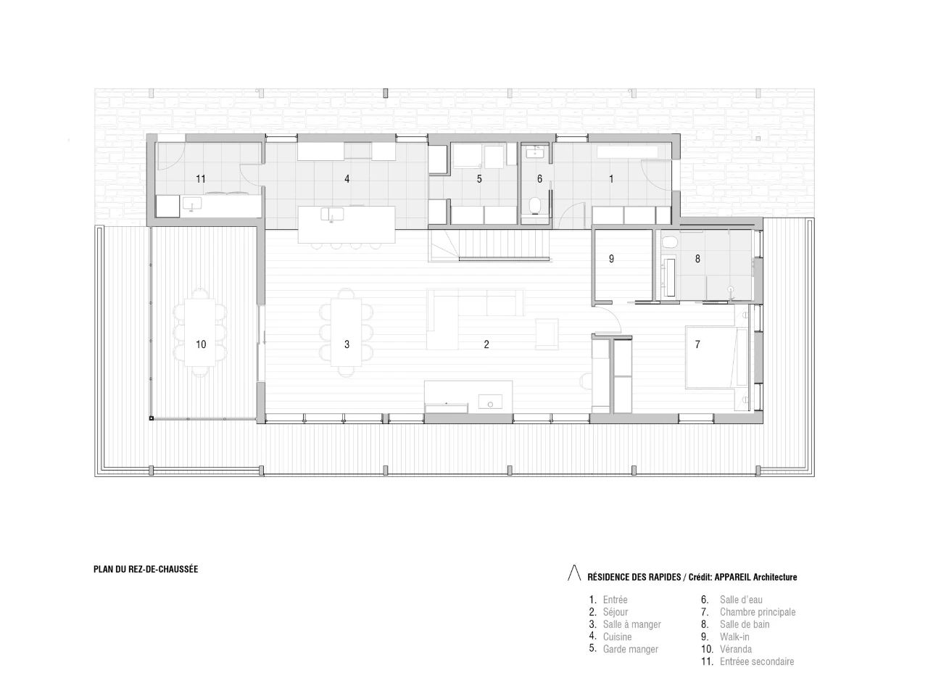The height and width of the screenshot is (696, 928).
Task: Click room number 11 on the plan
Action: pos(201,178)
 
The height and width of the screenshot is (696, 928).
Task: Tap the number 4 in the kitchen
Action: pos(347,178)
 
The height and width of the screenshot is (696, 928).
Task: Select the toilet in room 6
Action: pos(536,205)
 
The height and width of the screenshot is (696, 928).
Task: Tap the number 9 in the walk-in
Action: pos(611,258)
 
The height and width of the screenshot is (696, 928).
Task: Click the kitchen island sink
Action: pos(334,214)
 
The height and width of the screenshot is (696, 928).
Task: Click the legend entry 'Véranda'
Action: pos(736,649)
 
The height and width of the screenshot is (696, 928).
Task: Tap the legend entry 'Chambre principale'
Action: pos(758,612)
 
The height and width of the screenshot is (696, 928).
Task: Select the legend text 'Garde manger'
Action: pos(630,649)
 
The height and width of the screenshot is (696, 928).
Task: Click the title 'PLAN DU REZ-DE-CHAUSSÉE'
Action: pos(146,569)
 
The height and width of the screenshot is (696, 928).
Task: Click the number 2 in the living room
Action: pos(486,344)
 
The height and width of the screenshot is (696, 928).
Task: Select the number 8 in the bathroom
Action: pos(697,258)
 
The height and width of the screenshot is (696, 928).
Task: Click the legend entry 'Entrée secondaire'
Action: pos(757,661)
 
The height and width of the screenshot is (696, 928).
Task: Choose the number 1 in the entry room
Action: pos(611,178)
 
